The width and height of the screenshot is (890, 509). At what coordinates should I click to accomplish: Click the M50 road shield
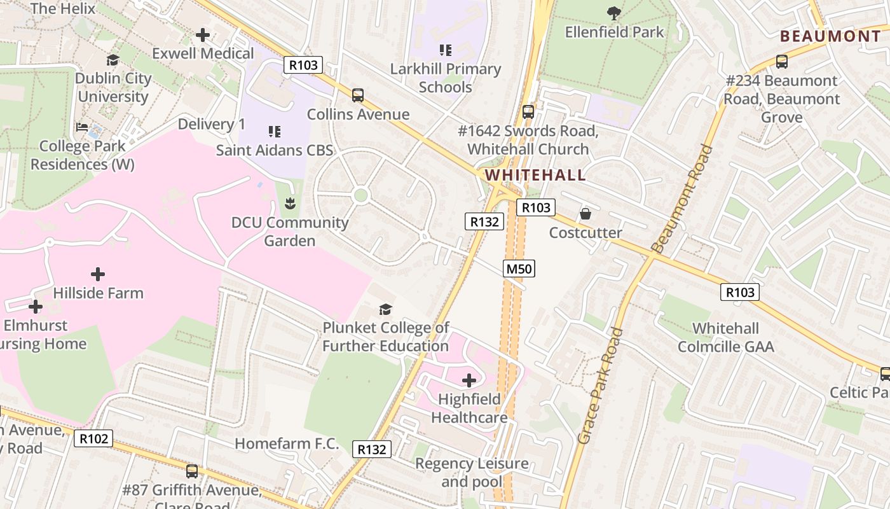pyautogui.click(x=519, y=268)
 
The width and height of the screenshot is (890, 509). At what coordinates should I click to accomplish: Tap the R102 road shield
pyautogui.click(x=93, y=438)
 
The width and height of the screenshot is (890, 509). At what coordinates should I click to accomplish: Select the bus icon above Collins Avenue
pyautogui.click(x=358, y=95)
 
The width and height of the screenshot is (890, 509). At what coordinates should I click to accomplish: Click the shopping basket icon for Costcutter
pyautogui.click(x=585, y=214)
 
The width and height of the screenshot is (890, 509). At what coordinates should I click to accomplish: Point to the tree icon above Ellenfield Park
pyautogui.click(x=614, y=12)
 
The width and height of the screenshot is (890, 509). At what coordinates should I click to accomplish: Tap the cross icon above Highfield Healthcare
pyautogui.click(x=469, y=380)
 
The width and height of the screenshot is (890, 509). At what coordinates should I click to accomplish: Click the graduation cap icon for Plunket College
pyautogui.click(x=385, y=309)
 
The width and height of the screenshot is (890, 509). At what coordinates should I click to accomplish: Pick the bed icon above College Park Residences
pyautogui.click(x=82, y=127)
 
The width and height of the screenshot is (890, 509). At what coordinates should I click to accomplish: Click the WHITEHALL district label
pyautogui.click(x=535, y=175)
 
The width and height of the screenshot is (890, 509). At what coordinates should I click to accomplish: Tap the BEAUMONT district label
pyautogui.click(x=830, y=36)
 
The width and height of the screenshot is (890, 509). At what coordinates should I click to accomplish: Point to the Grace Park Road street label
pyautogui.click(x=600, y=386)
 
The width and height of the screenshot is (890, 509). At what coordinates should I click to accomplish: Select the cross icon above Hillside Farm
pyautogui.click(x=98, y=274)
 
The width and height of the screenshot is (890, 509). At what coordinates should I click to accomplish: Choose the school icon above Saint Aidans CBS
pyautogui.click(x=275, y=132)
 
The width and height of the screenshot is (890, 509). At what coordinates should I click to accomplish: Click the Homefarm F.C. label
pyautogui.click(x=287, y=443)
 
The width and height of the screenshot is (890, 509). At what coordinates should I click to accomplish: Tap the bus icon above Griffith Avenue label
pyautogui.click(x=192, y=471)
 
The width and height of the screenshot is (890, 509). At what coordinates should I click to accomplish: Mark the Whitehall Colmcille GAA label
pyautogui.click(x=725, y=337)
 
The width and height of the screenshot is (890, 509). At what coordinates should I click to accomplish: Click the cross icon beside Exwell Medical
pyautogui.click(x=203, y=35)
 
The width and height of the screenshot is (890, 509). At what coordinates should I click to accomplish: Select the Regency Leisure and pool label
pyautogui.click(x=472, y=472)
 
